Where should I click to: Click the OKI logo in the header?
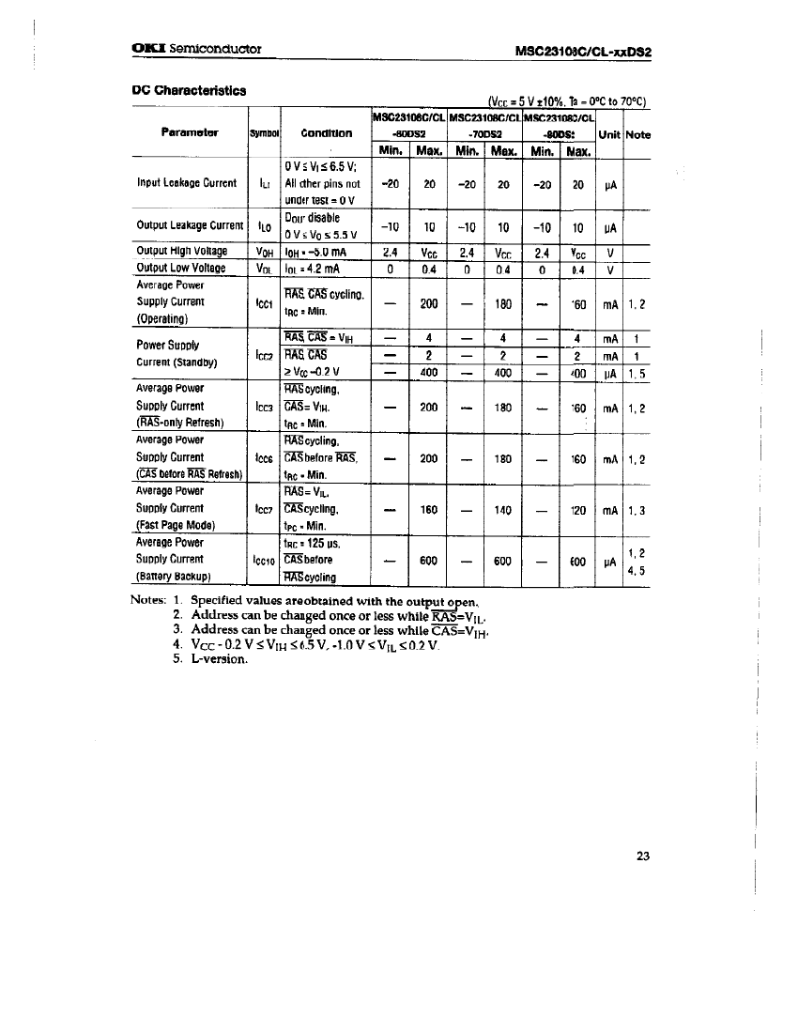147,50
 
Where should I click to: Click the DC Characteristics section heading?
189,90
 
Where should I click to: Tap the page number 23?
643,856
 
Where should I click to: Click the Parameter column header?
190,132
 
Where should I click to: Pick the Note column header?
638,134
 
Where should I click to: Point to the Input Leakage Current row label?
187,184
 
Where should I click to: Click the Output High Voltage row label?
182,251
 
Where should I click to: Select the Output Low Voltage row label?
181,269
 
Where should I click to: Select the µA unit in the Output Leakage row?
608,227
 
